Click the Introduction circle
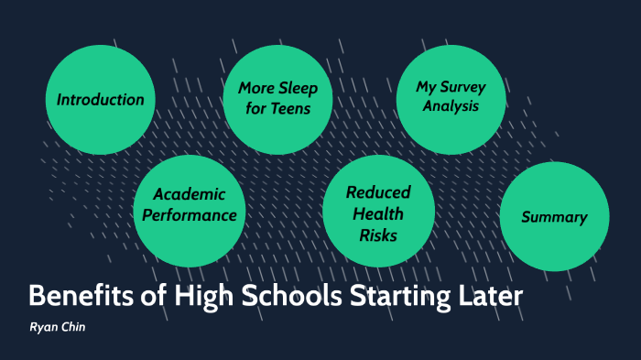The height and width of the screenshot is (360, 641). coord(101,100)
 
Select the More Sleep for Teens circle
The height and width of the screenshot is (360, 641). coord(277,99)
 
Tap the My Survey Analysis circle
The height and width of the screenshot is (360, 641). coord(451,97)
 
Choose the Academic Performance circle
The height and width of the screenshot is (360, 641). coord(188,205)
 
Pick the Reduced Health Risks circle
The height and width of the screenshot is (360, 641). coord(377,213)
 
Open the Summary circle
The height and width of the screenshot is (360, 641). coord(554,217)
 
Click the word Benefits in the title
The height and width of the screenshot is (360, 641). coord(80,297)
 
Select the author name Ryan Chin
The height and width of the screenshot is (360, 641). coord(57,326)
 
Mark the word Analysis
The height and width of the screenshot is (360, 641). coord(451,106)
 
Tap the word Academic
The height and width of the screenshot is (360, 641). coord(190,194)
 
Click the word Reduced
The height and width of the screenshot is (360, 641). coord(378,192)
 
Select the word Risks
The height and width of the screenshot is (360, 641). coord(378,235)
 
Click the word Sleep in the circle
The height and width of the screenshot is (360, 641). coord(299,89)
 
